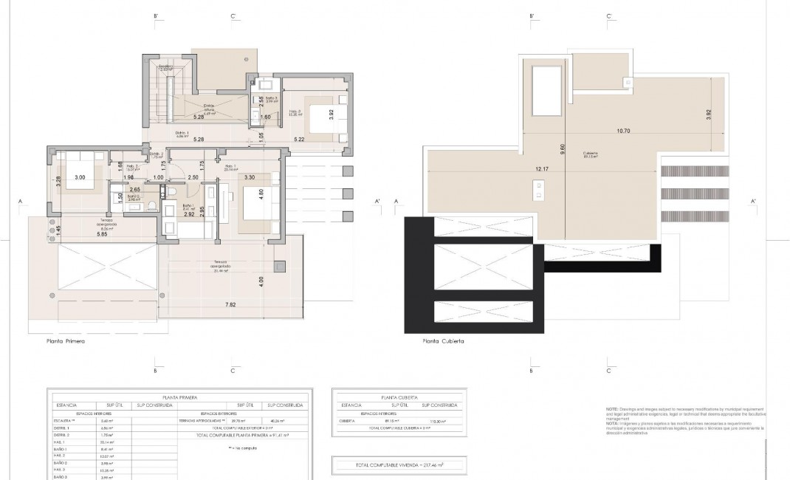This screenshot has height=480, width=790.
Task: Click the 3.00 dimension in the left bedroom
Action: (79, 177)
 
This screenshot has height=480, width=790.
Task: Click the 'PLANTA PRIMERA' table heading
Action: (179, 397)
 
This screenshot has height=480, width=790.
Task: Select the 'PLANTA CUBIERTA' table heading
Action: (395, 397)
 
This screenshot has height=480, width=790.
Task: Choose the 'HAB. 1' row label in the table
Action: (59, 442)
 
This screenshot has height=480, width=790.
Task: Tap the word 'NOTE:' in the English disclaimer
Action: (612, 408)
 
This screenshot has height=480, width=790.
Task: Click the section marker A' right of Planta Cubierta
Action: (752, 201)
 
